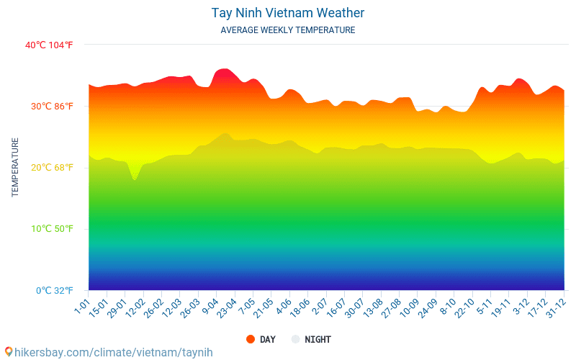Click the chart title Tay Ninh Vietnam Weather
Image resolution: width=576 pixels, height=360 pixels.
pos(287,13)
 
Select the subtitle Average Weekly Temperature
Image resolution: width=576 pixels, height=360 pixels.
pos(287,30)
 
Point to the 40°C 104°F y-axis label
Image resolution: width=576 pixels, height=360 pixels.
pos(49,45)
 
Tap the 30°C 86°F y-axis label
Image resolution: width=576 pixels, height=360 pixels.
pos(52,106)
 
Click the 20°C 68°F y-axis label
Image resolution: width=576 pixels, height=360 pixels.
pos(52,168)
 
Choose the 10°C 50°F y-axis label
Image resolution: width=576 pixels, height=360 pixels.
pos(52,229)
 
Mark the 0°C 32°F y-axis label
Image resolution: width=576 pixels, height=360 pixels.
pos(55,291)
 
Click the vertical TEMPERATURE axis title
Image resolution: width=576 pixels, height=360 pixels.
pos(14,167)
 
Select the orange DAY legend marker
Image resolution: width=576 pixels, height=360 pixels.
pos(251,339)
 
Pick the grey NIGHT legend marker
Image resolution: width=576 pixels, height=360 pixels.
pos(295,339)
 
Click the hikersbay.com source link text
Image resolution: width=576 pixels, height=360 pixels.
pos(114,352)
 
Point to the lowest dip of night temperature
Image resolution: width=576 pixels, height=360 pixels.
pos(135,179)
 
